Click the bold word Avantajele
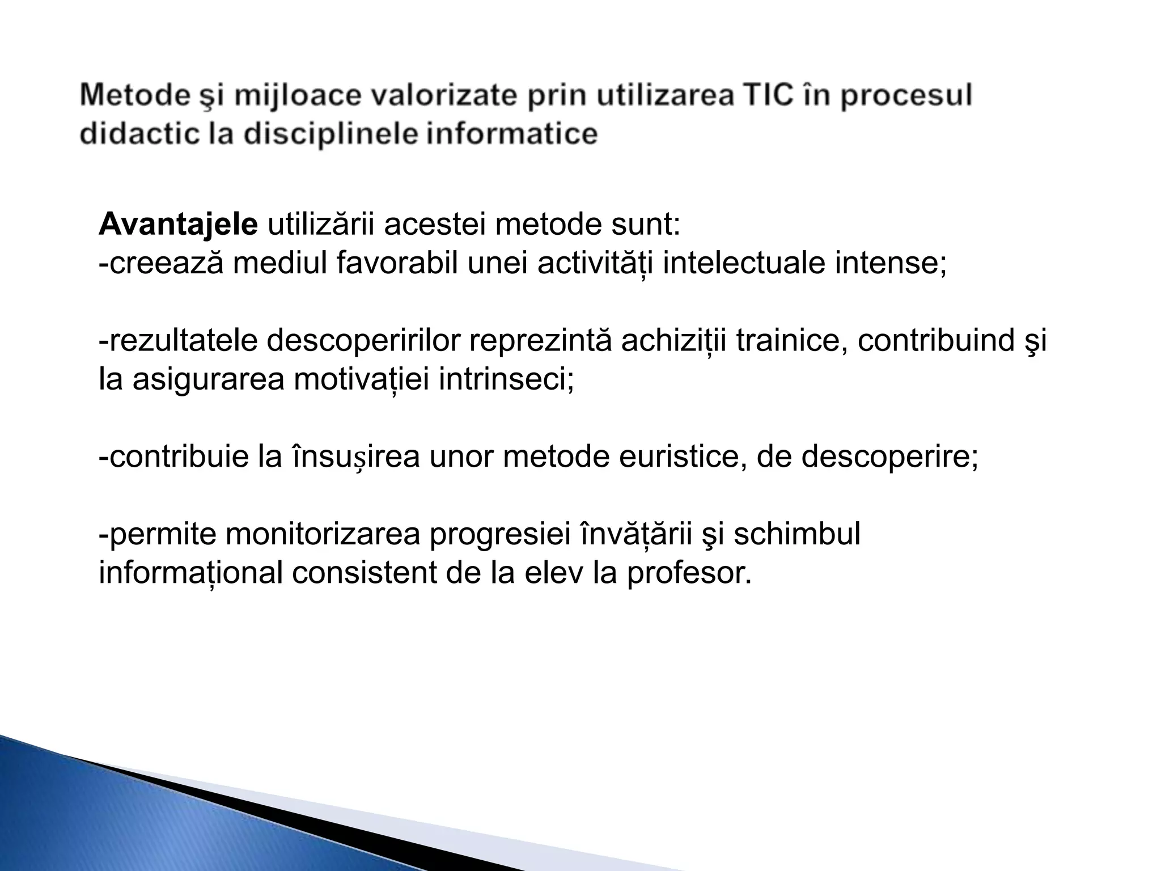click(178, 225)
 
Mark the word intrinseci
click(506, 379)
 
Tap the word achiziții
click(673, 341)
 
